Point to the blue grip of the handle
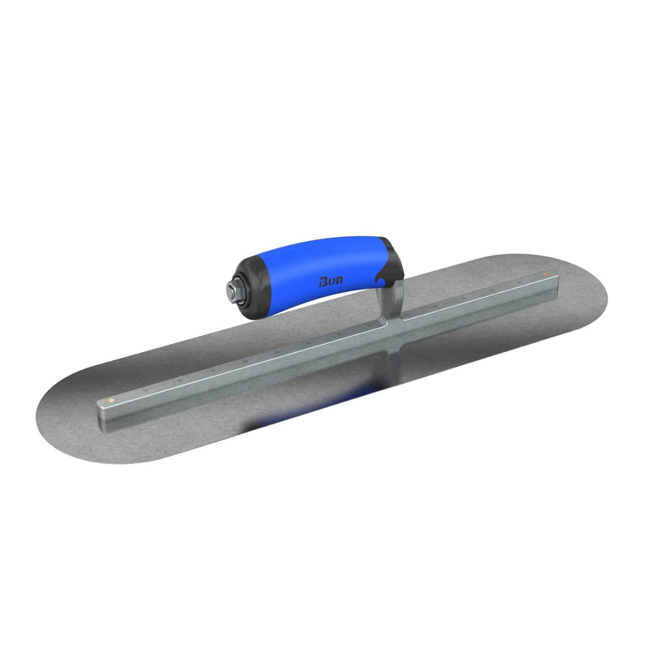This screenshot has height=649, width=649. (x=341, y=268)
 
